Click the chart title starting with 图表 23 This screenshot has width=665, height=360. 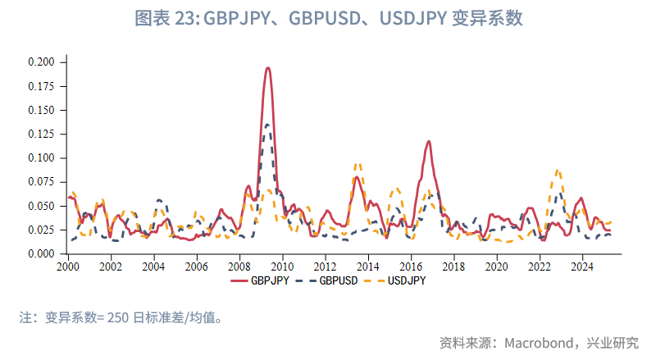(332, 19)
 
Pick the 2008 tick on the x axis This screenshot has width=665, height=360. (239, 267)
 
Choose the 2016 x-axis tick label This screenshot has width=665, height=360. (411, 267)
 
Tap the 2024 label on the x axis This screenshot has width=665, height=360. (582, 267)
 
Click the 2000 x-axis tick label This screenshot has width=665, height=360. (68, 267)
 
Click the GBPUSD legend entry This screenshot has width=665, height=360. (331, 280)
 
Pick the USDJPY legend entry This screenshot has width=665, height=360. (399, 280)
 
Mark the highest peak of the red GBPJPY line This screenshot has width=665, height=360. (267, 68)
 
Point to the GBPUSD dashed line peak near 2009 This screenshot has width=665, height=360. (268, 125)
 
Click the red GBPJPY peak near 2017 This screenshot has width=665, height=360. (428, 142)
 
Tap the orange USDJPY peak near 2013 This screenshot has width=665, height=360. (357, 164)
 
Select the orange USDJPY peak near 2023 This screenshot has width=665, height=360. (558, 171)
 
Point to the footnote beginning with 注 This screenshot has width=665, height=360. (122, 317)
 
